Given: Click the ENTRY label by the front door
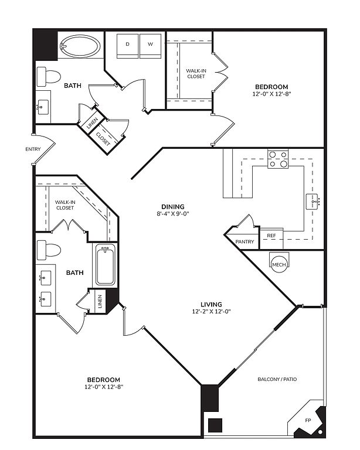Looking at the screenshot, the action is [x=33, y=149].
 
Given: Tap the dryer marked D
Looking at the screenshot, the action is [x=127, y=46].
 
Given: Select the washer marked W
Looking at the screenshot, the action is [x=150, y=46].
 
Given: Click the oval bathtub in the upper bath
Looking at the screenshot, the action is [x=80, y=46].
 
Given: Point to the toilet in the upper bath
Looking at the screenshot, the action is [x=49, y=77].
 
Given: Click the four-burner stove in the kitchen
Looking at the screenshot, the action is [x=278, y=159].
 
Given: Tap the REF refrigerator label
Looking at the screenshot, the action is [x=271, y=236].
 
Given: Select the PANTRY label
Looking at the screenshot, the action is [x=244, y=241].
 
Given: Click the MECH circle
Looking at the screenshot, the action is [x=279, y=264].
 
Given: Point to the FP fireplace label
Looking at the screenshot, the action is [x=308, y=421].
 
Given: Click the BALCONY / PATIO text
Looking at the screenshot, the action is [x=277, y=379].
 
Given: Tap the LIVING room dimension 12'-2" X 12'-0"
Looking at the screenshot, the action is [x=211, y=311].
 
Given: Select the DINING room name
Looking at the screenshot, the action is [x=173, y=207].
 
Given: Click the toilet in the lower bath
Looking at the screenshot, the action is [x=49, y=250].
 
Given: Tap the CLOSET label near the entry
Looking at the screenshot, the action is [x=103, y=139].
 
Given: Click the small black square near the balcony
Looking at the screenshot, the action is [x=215, y=425].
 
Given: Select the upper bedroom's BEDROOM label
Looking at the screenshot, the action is [x=271, y=87].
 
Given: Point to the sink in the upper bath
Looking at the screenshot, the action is [x=43, y=107].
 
